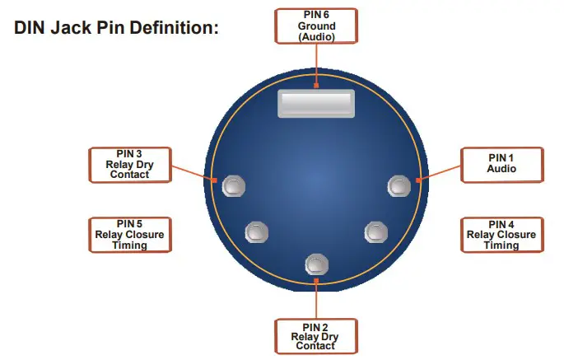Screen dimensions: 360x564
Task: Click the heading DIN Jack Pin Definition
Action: (116, 28)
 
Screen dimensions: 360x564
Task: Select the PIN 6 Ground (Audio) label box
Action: (316, 26)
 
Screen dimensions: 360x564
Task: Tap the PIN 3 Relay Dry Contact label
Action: (130, 164)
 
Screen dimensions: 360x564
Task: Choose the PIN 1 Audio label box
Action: (501, 162)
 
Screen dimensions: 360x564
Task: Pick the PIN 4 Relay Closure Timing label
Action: (501, 235)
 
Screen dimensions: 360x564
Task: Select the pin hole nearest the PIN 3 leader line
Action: (234, 185)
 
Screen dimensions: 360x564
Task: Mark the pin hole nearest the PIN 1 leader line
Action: (399, 185)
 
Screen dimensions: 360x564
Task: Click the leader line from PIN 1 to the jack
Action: (440, 172)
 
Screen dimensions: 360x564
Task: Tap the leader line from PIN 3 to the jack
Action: (193, 172)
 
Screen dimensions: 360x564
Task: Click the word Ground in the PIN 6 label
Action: (316, 26)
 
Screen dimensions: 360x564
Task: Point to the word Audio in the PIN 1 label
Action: (501, 168)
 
